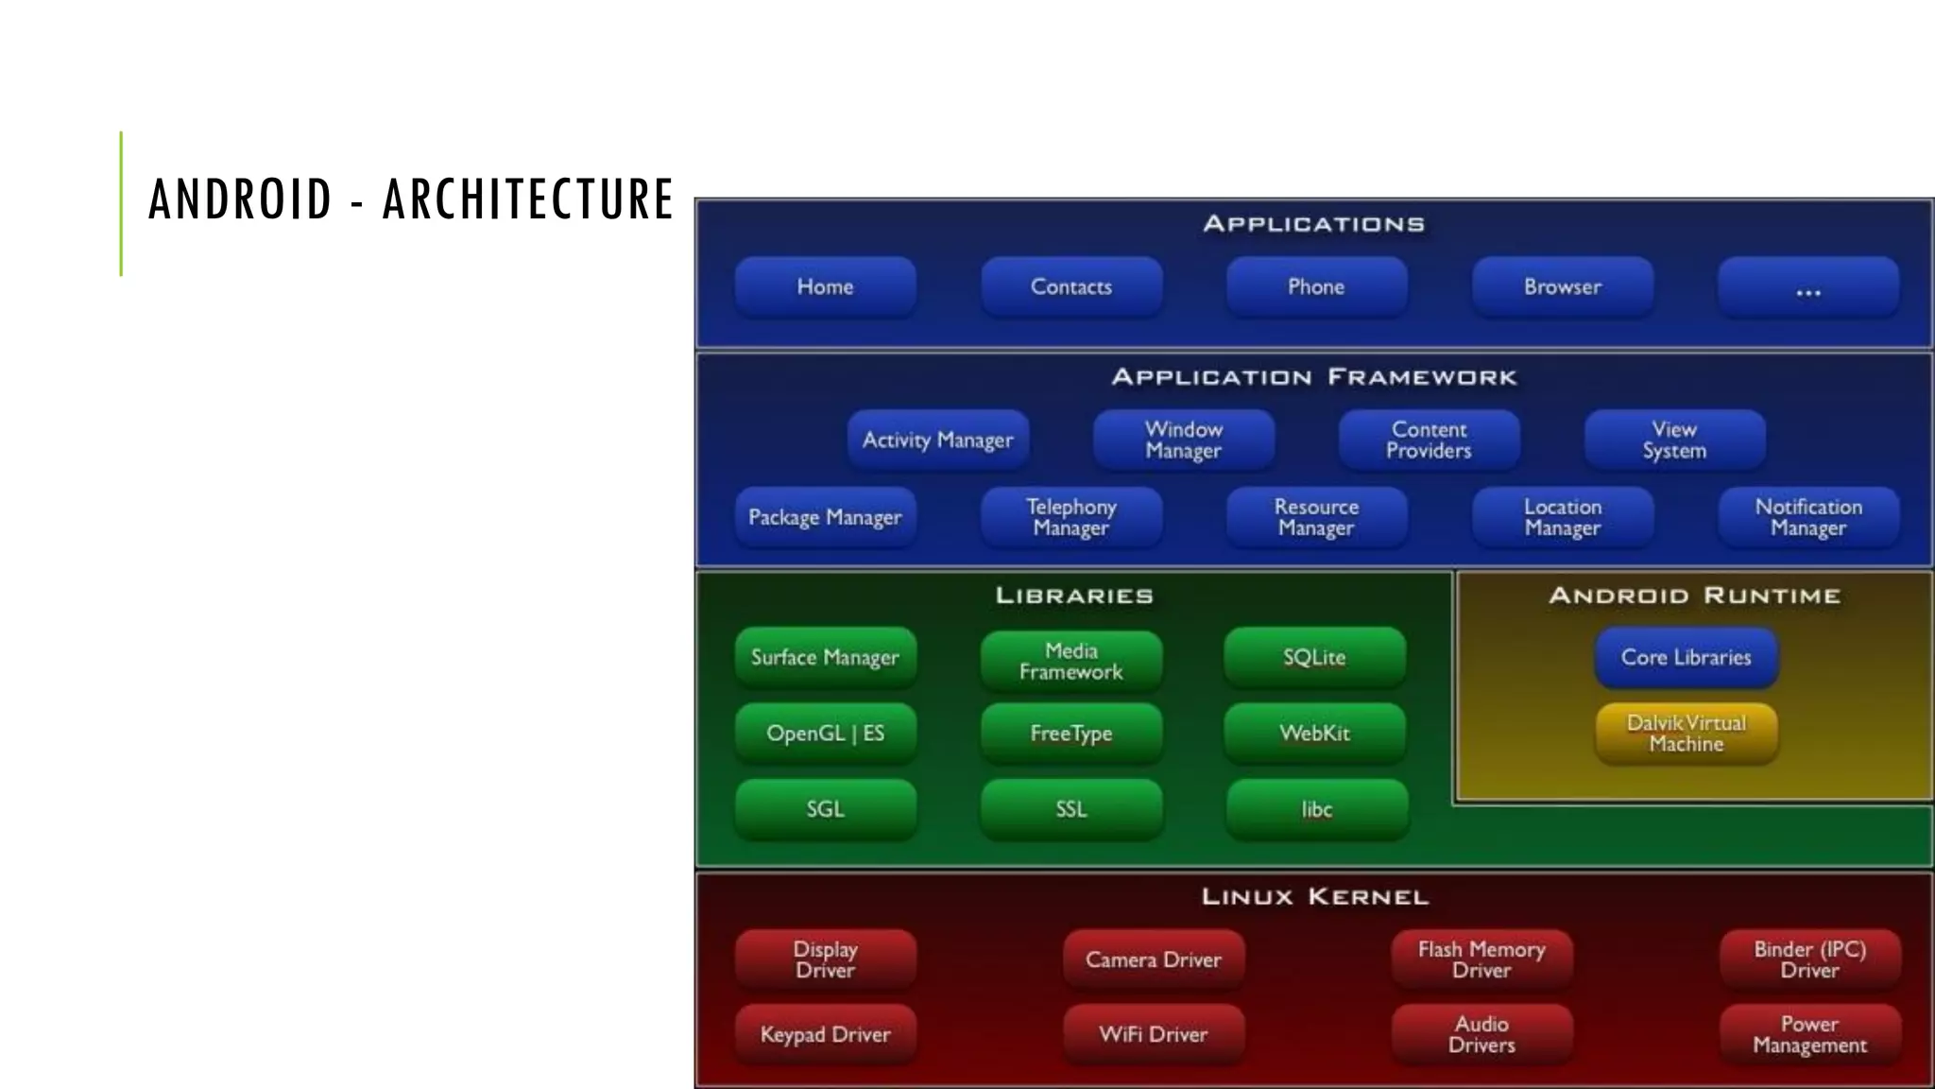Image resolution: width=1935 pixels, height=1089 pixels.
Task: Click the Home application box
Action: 825,286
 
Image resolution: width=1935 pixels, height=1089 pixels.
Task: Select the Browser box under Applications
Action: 1562,286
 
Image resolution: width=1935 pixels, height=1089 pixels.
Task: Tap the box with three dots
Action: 1807,286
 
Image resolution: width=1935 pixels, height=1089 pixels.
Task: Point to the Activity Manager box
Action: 937,440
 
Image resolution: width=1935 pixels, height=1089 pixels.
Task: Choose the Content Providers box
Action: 1429,440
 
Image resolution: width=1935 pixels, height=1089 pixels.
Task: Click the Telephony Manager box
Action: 1070,517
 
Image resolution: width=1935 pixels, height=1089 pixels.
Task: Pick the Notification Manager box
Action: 1808,517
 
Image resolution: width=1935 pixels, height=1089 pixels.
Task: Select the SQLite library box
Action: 1314,657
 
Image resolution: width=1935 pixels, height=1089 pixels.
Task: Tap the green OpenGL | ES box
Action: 825,733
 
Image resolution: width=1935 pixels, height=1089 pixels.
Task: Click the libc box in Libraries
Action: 1316,809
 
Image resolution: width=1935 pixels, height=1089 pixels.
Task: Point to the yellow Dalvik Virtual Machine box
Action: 1687,733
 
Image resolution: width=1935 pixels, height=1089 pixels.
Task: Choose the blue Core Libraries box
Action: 1687,657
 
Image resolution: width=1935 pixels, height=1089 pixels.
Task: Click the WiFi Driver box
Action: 1153,1034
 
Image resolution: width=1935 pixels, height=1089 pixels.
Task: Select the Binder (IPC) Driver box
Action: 1809,959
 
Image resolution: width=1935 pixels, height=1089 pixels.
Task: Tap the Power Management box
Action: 1809,1034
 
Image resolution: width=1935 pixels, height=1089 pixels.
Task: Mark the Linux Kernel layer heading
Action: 1314,896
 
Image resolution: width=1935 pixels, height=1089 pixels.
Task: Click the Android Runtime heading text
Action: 1694,596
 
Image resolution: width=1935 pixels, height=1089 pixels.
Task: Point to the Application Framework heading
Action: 1314,377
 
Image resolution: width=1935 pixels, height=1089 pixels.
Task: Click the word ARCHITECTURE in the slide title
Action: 527,199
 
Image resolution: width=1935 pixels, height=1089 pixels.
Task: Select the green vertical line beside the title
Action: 121,203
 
